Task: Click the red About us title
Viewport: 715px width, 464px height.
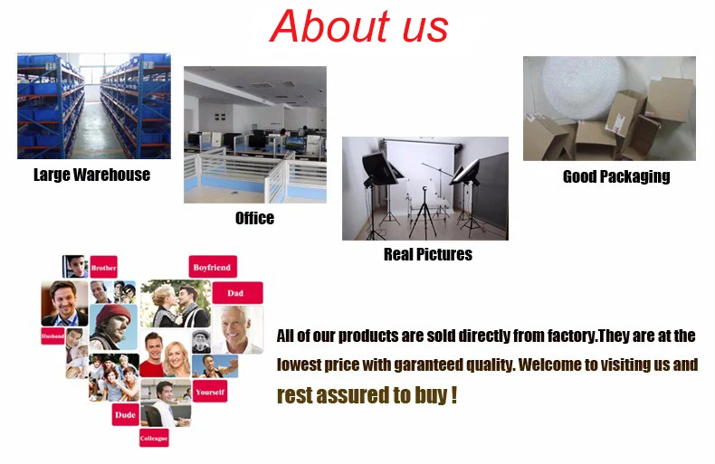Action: [x=359, y=26]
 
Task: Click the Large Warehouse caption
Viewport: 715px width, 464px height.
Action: [x=91, y=175]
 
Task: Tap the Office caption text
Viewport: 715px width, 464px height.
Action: [x=254, y=218]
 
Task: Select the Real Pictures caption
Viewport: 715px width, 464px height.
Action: [x=428, y=254]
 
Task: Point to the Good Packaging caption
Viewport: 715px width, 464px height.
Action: [x=616, y=176]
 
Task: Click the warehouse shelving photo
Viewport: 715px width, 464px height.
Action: [x=94, y=106]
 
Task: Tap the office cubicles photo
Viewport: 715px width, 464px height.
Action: [x=255, y=135]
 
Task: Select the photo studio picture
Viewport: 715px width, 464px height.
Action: [x=425, y=188]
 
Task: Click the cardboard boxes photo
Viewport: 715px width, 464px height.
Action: [x=609, y=109]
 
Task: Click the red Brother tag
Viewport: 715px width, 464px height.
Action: [x=103, y=267]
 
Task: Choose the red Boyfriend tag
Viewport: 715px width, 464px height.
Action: [x=213, y=267]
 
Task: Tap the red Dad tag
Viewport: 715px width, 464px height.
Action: [x=237, y=293]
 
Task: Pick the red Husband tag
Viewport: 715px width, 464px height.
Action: [x=52, y=336]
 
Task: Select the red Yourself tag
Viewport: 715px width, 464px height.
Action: [x=210, y=392]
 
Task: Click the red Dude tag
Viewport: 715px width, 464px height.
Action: [x=126, y=415]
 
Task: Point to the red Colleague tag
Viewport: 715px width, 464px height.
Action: [x=154, y=438]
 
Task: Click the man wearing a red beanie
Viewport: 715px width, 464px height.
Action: [x=113, y=327]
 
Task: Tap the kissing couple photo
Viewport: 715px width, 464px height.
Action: [x=176, y=304]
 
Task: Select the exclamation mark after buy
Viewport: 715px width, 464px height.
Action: [x=453, y=394]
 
